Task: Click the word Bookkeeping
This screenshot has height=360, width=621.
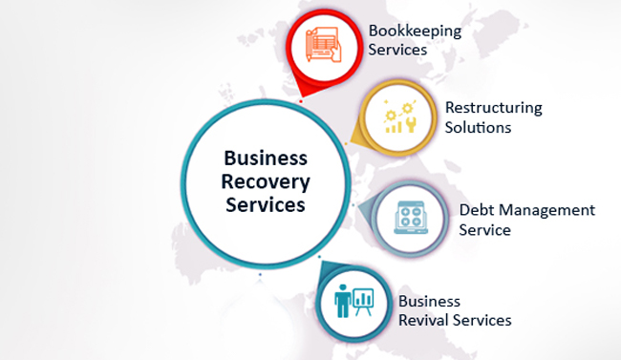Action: (x=415, y=31)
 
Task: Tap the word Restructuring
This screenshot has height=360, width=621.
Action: (x=493, y=108)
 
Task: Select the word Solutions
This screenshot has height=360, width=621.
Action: (x=478, y=127)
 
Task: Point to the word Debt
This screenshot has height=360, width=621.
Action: (x=475, y=210)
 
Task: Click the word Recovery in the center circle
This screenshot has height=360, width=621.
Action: (x=265, y=181)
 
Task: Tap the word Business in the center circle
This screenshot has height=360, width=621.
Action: (x=265, y=159)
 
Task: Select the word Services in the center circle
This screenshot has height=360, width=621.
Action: (x=265, y=204)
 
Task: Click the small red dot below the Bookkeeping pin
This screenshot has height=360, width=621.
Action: (x=301, y=97)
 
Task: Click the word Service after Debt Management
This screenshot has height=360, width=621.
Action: (x=484, y=230)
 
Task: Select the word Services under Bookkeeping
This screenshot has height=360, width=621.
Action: (x=397, y=49)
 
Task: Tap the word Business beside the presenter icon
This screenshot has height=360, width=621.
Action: (x=430, y=301)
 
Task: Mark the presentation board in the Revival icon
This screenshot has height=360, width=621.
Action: (x=363, y=301)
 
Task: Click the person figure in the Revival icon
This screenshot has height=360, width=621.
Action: (x=342, y=302)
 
